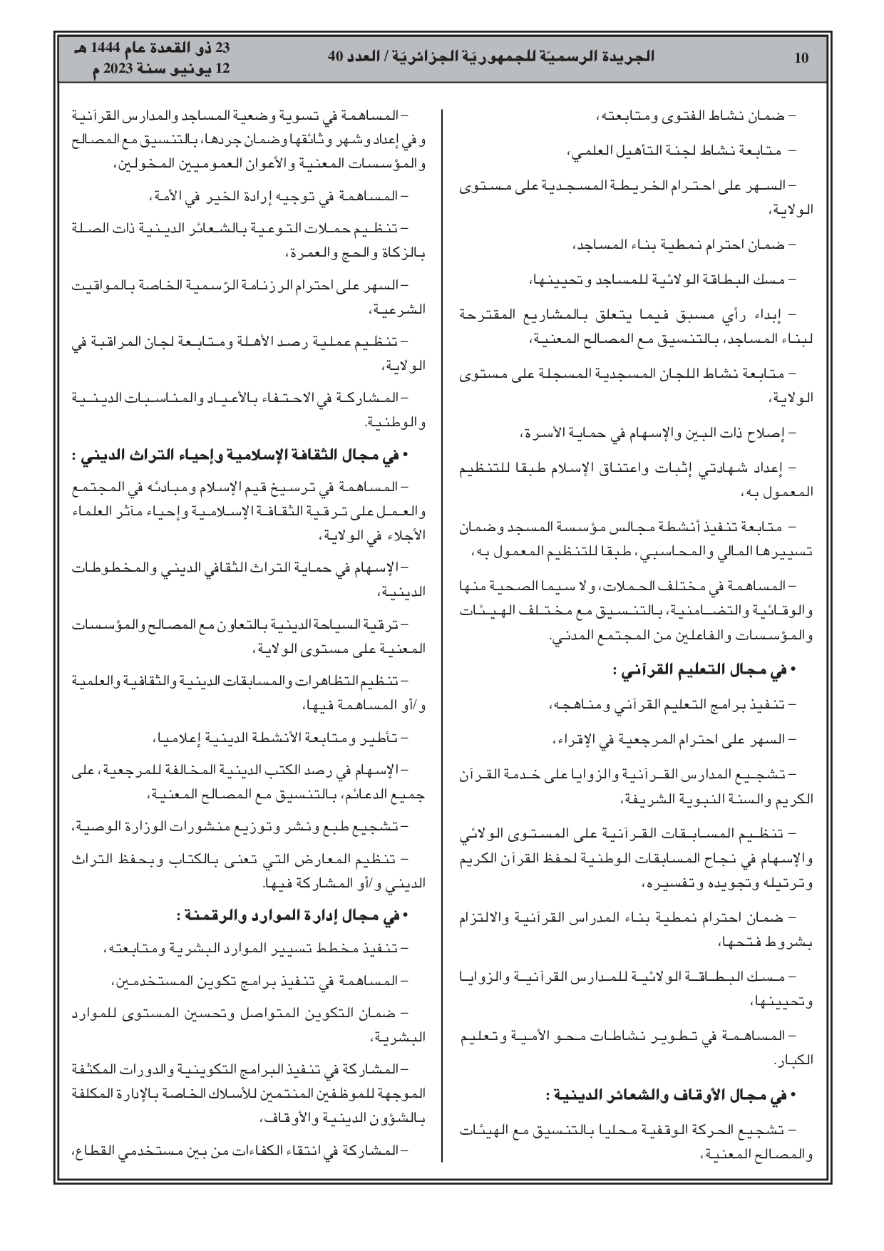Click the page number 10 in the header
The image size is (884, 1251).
coord(801,58)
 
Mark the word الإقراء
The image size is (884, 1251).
coord(577,740)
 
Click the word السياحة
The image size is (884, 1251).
coord(327,624)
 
